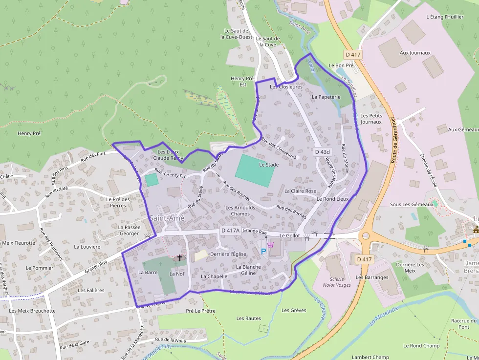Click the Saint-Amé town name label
click(167, 218)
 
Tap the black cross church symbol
click(179, 257)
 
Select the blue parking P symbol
click(263, 252)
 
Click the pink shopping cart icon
click(270, 245)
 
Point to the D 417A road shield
click(230, 230)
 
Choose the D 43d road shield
click(323, 152)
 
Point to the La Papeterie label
click(326, 97)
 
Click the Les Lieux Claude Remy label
click(168, 155)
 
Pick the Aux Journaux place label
click(415, 53)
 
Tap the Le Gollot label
click(289, 235)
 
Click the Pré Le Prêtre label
click(200, 311)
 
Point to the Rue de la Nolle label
click(172, 339)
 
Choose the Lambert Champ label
click(370, 357)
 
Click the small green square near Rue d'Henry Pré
click(152, 179)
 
